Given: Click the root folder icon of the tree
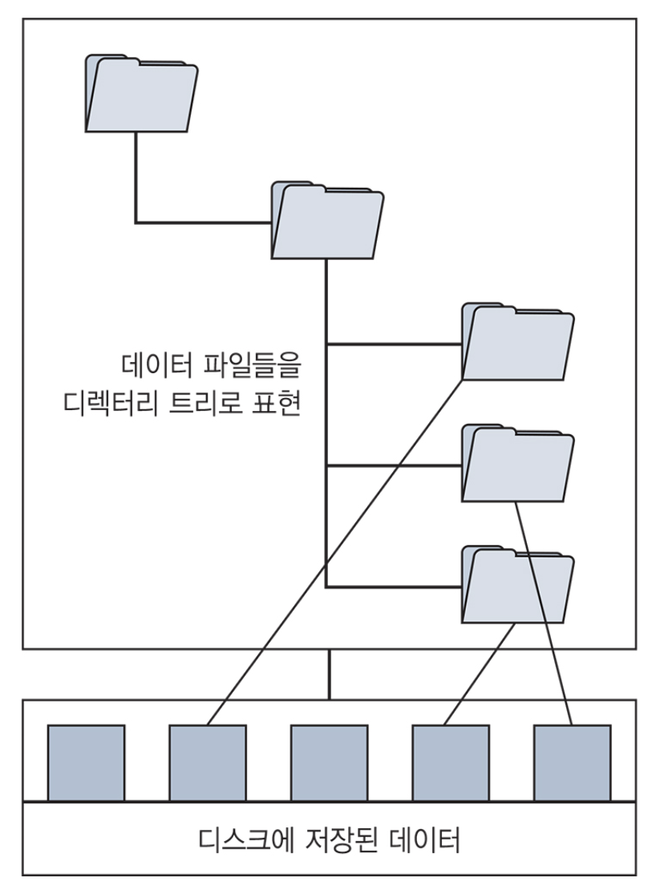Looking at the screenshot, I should click(x=141, y=94).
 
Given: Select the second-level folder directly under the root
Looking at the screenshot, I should click(x=327, y=221).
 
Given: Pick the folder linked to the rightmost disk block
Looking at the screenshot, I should click(x=517, y=465).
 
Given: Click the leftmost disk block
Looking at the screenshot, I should click(x=86, y=762).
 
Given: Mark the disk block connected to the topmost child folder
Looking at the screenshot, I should click(x=207, y=762).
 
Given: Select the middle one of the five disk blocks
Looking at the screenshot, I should click(x=329, y=762).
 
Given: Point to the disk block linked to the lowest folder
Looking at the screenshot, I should click(x=450, y=762).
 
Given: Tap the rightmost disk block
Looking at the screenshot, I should click(x=572, y=762).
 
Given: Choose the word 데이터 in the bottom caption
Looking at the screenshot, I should click(x=423, y=843).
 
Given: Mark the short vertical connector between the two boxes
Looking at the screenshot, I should click(x=329, y=674).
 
